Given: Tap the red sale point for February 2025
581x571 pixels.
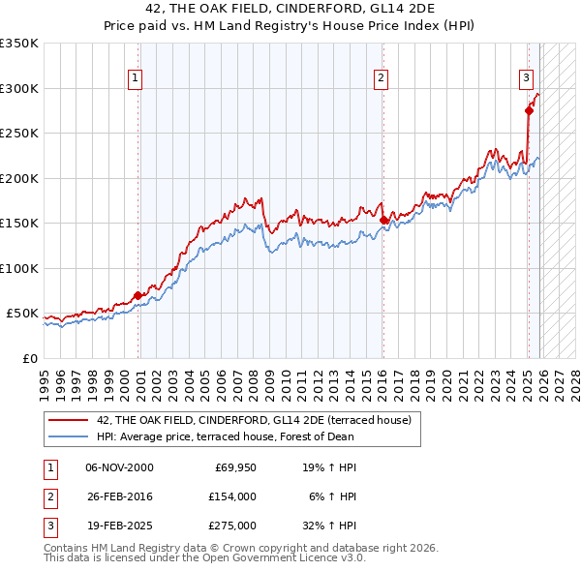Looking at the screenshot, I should pyautogui.click(x=529, y=110).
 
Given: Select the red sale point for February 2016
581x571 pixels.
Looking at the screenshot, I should pyautogui.click(x=383, y=220).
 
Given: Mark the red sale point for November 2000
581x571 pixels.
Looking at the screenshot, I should pyautogui.click(x=138, y=295).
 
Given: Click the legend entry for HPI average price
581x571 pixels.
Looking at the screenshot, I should pyautogui.click(x=217, y=436).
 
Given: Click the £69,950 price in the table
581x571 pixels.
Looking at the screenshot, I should pyautogui.click(x=233, y=466).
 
